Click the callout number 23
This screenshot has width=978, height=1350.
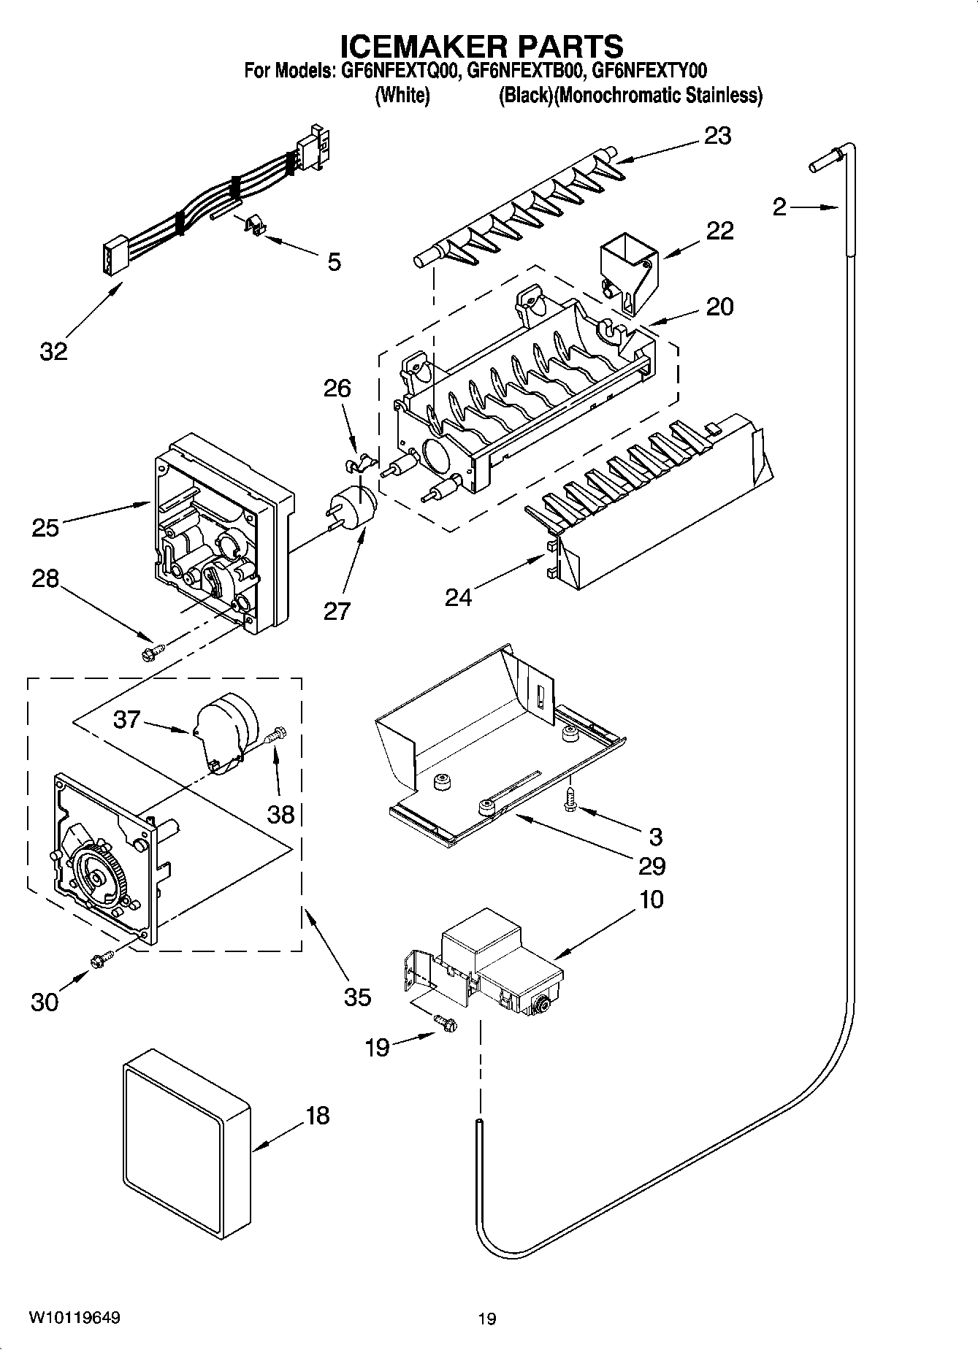click(x=717, y=137)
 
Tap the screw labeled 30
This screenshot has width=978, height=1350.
click(x=101, y=960)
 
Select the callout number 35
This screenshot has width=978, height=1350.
click(x=357, y=997)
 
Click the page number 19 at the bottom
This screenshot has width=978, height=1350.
click(x=486, y=1319)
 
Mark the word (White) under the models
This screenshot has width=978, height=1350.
click(x=402, y=96)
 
